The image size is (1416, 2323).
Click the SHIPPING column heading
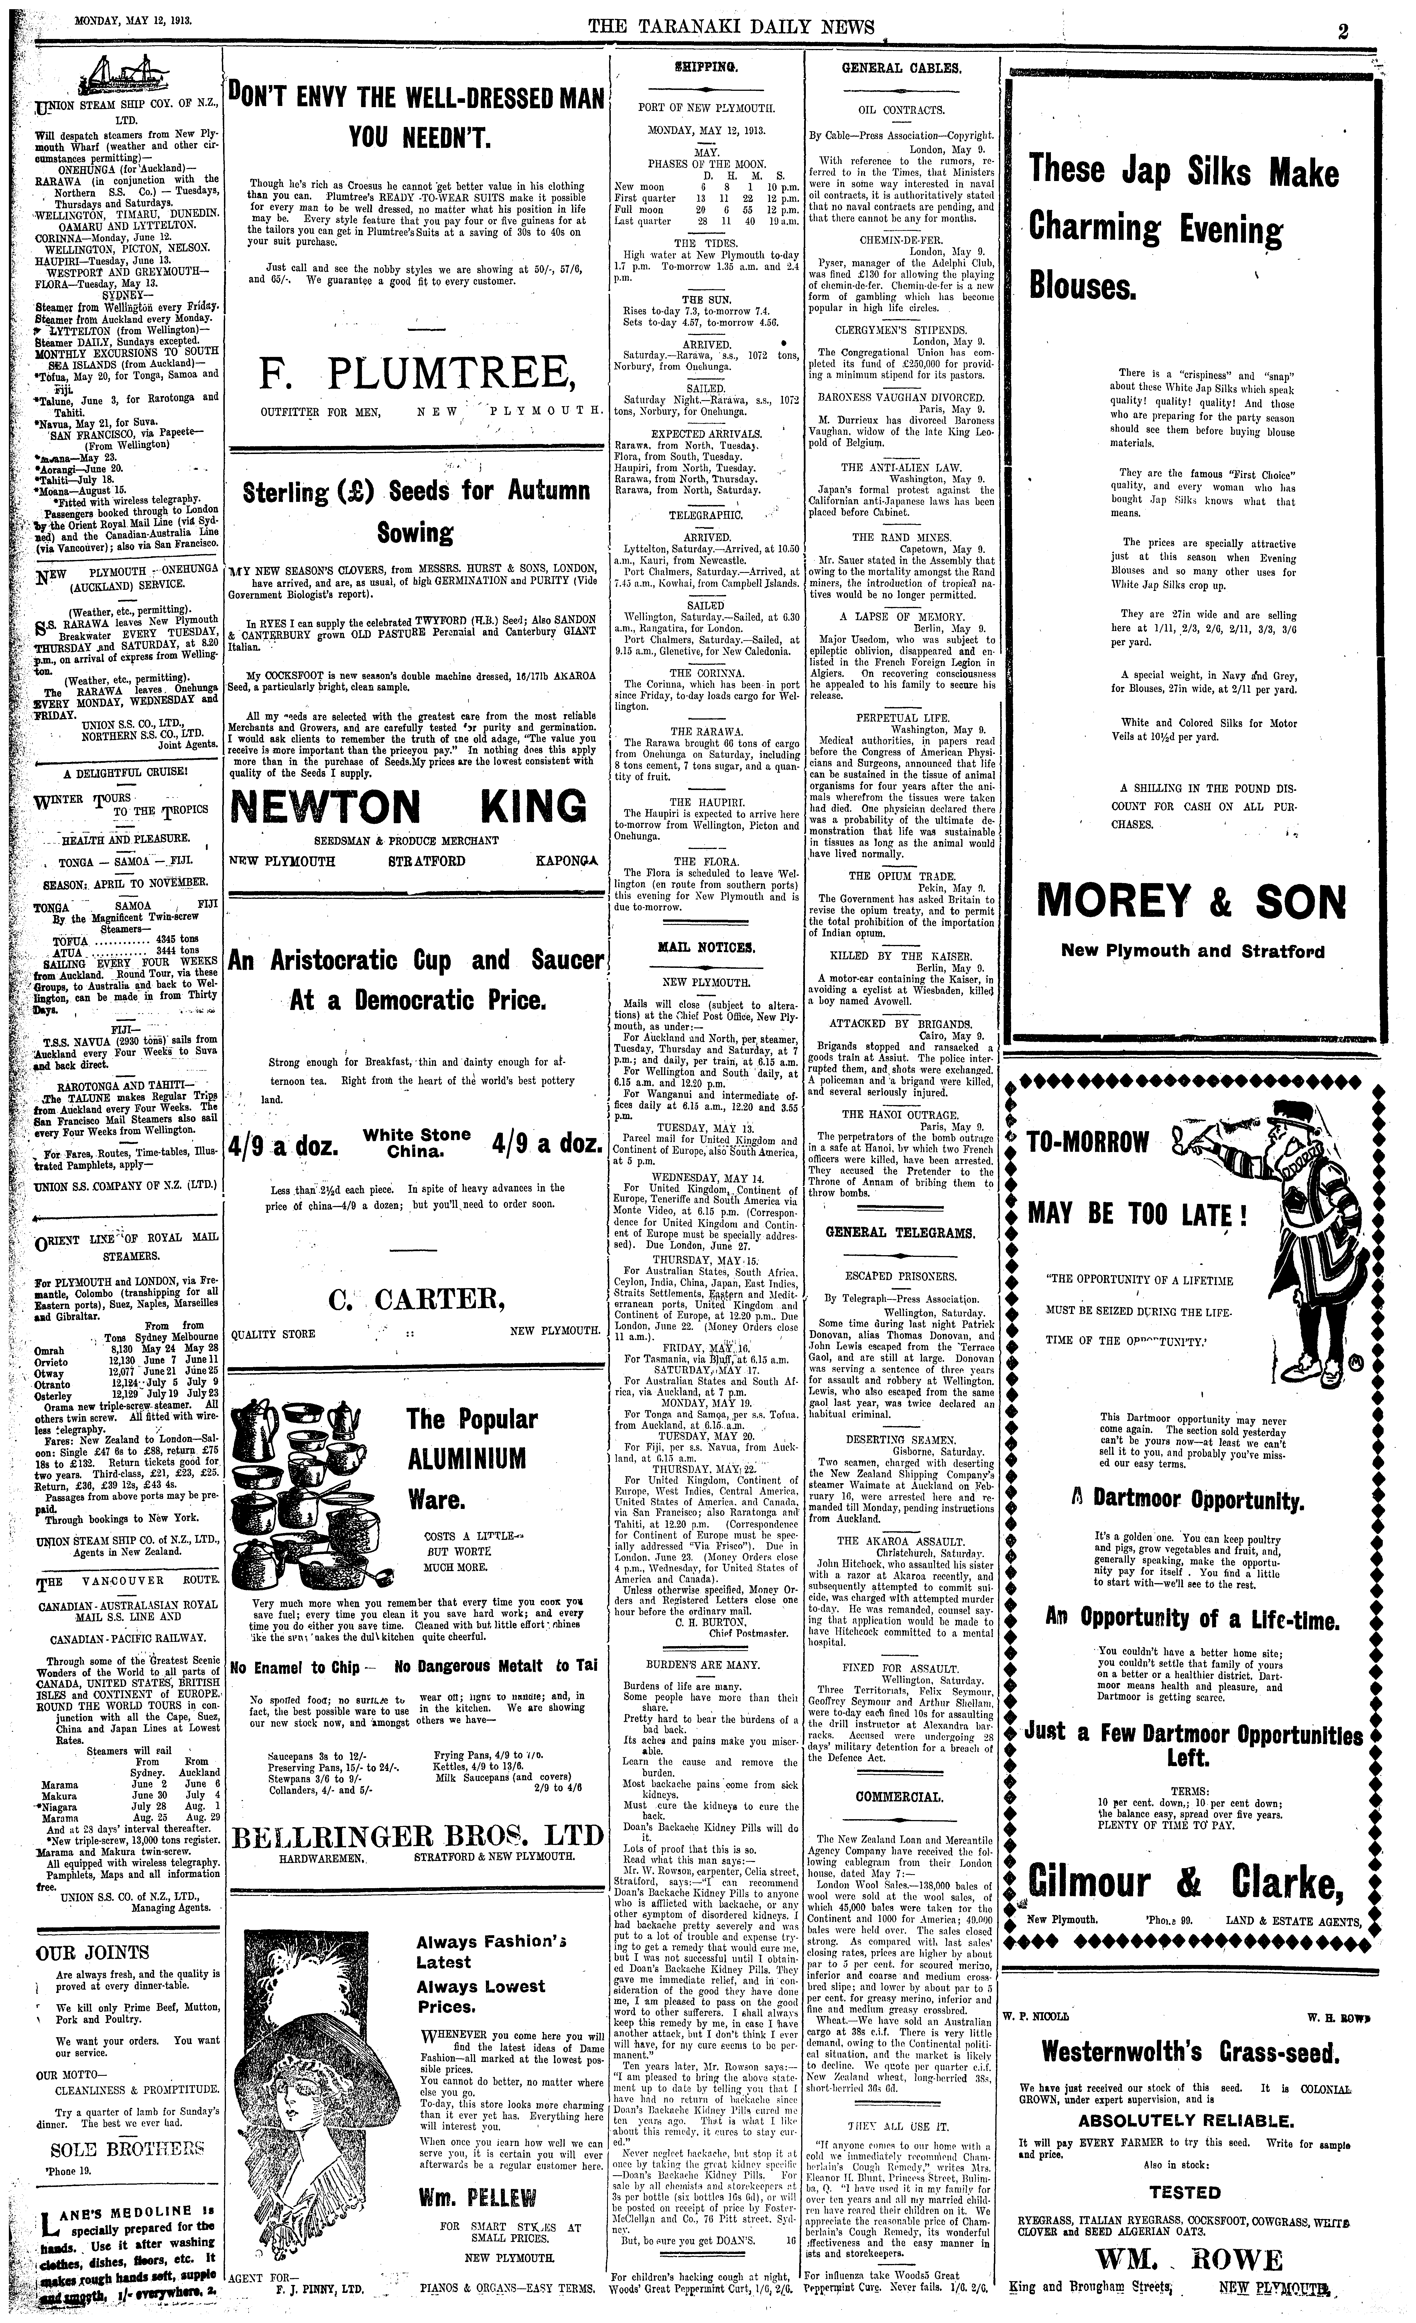(x=706, y=68)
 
